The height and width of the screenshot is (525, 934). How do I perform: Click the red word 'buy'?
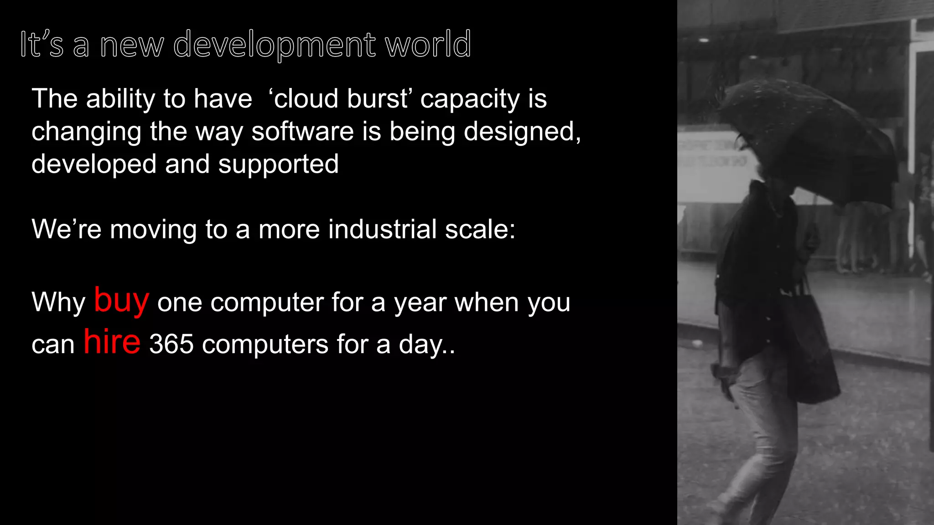pyautogui.click(x=121, y=301)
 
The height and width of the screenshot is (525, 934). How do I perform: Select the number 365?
pyautogui.click(x=171, y=344)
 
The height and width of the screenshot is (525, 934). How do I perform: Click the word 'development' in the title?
pyautogui.click(x=275, y=45)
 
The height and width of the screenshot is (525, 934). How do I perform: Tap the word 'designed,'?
pyautogui.click(x=522, y=132)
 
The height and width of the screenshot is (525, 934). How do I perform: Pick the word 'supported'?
pyautogui.click(x=278, y=164)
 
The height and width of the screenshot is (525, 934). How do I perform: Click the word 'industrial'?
pyautogui.click(x=383, y=229)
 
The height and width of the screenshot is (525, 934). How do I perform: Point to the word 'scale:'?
pyautogui.click(x=480, y=229)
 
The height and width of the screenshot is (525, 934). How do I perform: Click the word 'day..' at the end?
pyautogui.click(x=427, y=345)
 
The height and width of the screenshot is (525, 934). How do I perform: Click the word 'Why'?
pyautogui.click(x=58, y=303)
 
